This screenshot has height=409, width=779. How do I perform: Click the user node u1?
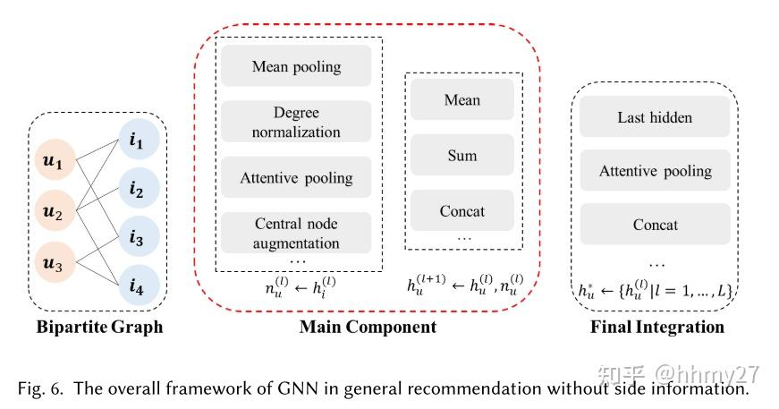coord(55,163)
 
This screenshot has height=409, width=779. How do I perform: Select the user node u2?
coord(55,215)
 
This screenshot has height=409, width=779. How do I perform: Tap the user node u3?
coord(55,266)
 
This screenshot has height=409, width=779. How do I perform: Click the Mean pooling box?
coord(296,67)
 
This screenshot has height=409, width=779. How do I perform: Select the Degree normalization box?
coord(296,123)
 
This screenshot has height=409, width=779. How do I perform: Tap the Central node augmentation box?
coord(296,233)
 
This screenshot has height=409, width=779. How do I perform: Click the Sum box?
coord(462,156)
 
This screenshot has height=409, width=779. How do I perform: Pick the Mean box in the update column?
coord(462,100)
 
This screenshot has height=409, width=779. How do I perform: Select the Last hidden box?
coord(655,117)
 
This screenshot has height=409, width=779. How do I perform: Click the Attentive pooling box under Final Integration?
coord(655,171)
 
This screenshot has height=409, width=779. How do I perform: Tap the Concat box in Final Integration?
coord(655,225)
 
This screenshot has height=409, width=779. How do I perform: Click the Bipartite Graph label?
coord(100,327)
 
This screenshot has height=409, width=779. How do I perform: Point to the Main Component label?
coord(368,327)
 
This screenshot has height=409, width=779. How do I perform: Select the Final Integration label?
coord(656,327)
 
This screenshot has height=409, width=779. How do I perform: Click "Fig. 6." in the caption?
coord(41,388)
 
